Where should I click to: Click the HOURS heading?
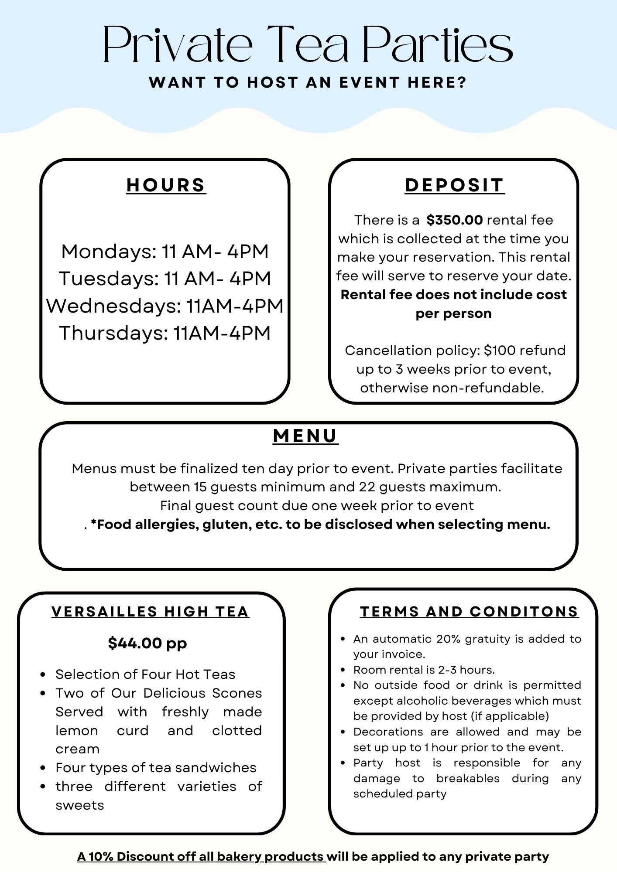(x=166, y=185)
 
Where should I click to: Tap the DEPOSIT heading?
(x=454, y=185)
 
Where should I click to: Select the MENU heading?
(x=305, y=436)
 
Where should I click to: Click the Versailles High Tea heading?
(x=150, y=612)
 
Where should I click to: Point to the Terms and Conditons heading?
(x=469, y=612)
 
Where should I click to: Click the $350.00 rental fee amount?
(x=454, y=220)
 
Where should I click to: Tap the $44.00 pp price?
(x=147, y=643)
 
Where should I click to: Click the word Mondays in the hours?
(x=108, y=252)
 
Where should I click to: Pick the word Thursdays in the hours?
(x=113, y=333)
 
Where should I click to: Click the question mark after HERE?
(x=463, y=82)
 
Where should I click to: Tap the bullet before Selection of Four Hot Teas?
(x=43, y=675)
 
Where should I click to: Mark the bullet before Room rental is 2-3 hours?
(x=343, y=670)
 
